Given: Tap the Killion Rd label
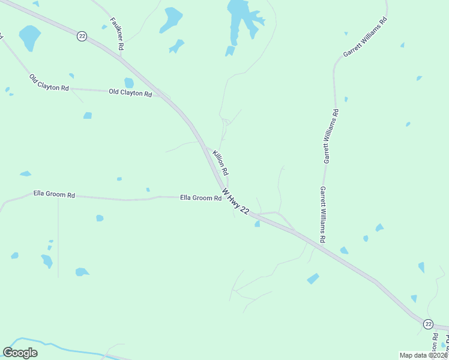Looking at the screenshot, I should pos(220,163).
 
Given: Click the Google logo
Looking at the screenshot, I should pos(20,353).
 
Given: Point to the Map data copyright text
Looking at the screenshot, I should pos(424,355).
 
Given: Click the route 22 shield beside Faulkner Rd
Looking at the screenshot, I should pos(82,37).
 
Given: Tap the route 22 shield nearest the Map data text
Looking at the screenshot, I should pos(428,323).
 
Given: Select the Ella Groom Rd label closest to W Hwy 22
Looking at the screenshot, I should pos(200,197).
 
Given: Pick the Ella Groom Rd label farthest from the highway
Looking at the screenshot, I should pos(54,194).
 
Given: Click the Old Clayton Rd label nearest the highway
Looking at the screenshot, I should pos(130,93).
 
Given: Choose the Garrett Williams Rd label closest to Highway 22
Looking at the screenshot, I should pos(323,214).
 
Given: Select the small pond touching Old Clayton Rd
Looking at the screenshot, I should pos(128,83).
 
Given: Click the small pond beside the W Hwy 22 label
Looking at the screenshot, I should pos(257,224).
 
